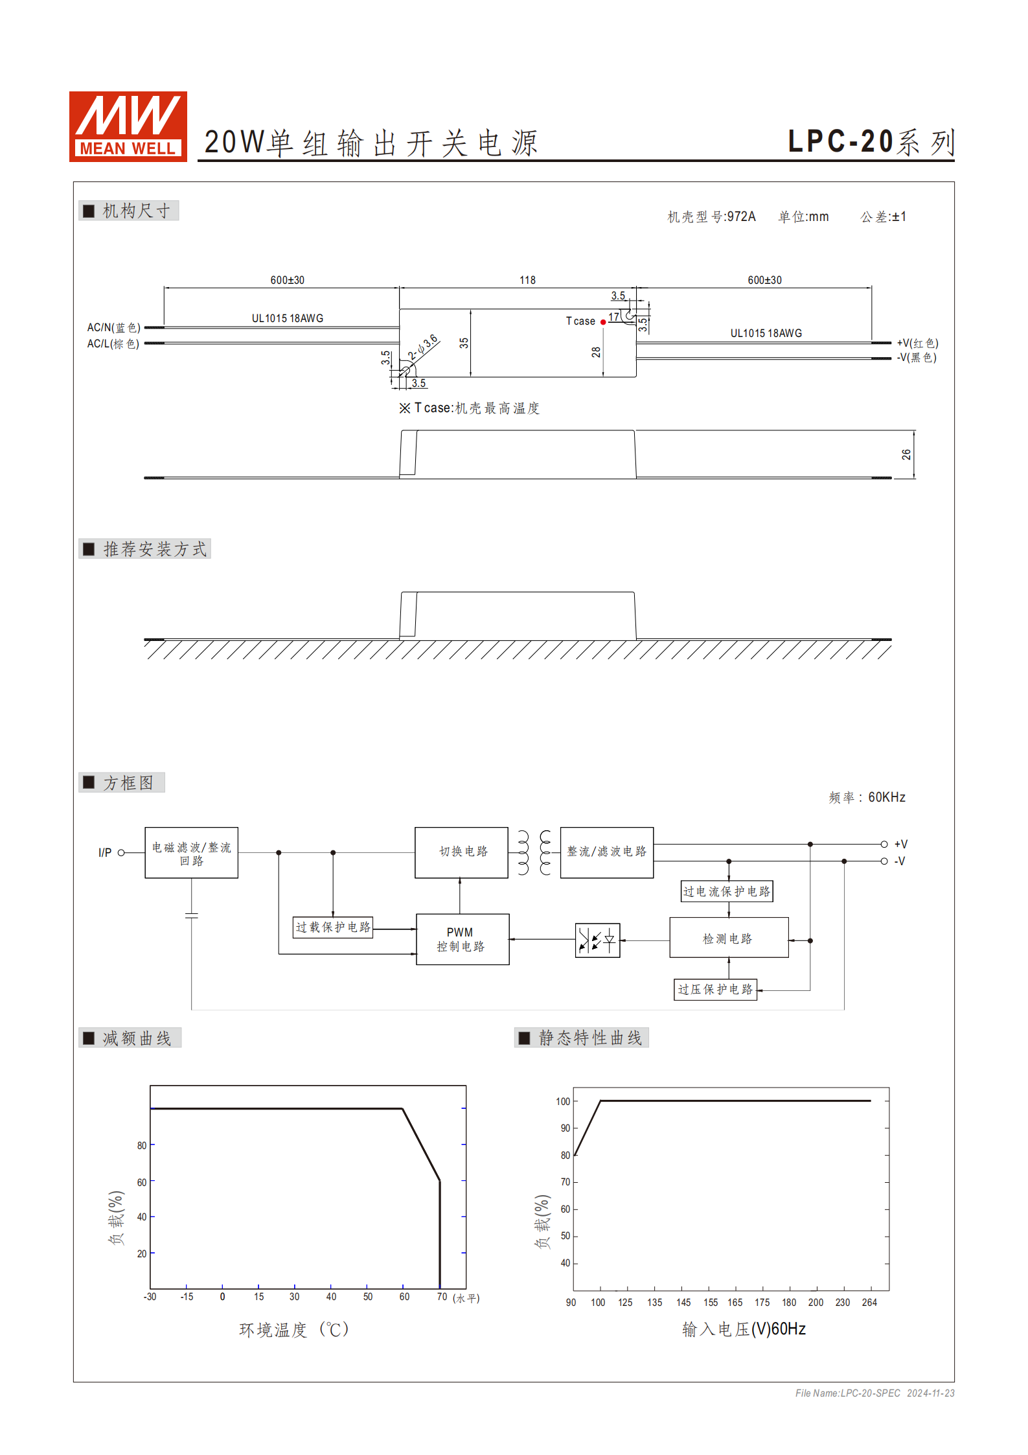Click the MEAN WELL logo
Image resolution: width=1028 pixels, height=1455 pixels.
pos(128,126)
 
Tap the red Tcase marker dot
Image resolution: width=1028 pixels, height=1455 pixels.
pos(603,322)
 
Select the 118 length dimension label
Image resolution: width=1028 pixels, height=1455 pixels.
pos(527,280)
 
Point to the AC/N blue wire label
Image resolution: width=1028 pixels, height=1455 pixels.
pos(114,327)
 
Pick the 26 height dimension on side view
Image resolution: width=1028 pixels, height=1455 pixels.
pos(906,454)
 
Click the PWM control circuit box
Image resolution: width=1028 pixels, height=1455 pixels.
pos(462,939)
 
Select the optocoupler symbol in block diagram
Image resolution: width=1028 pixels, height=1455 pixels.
pos(597,940)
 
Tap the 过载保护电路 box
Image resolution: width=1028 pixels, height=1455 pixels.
pos(333,927)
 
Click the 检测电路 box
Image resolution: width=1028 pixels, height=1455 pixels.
pos(729,938)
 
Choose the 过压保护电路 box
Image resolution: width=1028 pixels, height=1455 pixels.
pos(715,989)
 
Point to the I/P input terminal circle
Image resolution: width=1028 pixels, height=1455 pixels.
pos(121,852)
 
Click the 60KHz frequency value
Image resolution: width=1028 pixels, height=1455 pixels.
pos(886,797)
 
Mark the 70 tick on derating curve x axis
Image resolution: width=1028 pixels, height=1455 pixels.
pos(442,1297)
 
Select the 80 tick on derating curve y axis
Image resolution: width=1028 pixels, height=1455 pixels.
pos(142,1145)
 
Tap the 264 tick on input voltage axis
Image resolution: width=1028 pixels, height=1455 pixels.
pos(869,1302)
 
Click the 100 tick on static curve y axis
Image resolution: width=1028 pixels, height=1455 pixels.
pos(563,1101)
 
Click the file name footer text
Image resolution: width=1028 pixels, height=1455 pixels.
pos(874,1393)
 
